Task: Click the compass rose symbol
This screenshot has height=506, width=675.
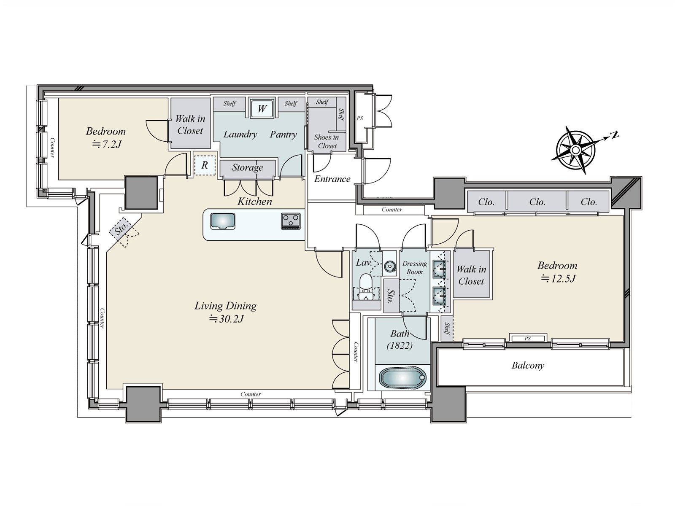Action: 575,150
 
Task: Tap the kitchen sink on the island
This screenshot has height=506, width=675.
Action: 223,221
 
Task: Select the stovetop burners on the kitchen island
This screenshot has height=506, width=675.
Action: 291,221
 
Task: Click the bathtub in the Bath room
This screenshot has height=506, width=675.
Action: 402,377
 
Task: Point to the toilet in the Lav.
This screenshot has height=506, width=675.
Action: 366,286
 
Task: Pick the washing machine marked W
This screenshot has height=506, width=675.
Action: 262,108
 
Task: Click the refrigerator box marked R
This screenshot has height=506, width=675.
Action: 205,165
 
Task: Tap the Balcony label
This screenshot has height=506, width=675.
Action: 528,365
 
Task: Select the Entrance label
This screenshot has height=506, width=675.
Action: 332,179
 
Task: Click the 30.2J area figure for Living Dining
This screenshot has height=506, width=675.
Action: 226,319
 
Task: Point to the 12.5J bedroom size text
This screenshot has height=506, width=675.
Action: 558,279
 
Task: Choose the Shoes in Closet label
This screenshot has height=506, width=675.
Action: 327,142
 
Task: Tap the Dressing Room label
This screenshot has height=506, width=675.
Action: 415,267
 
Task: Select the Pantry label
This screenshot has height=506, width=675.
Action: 283,135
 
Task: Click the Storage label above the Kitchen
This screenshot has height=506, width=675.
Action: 248,167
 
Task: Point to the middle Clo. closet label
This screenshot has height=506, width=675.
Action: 537,202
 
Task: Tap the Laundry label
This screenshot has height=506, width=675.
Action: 240,134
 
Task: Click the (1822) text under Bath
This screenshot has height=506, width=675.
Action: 400,346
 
